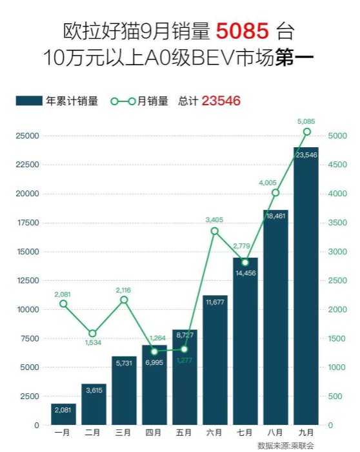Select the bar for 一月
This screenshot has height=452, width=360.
63,414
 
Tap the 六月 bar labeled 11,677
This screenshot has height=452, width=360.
215,362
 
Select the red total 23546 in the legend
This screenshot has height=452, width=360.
221,101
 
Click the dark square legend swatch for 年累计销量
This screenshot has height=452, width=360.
29,101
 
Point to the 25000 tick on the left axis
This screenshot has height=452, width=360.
26,136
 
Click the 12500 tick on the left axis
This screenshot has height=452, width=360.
26,281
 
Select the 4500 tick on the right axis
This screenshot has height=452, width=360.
337,165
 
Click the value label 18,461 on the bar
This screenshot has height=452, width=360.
275,216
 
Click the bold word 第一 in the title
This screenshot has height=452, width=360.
294,58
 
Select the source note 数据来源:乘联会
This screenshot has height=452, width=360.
286,446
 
